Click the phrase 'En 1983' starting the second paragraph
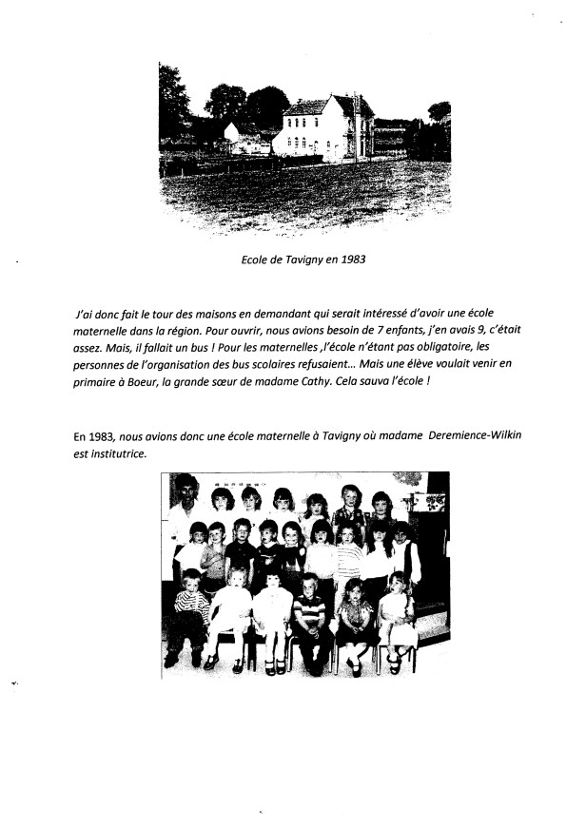tap(93, 435)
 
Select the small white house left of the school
tap(246, 139)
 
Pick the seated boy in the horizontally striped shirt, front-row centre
tap(311, 618)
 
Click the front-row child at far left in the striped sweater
tap(190, 613)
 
